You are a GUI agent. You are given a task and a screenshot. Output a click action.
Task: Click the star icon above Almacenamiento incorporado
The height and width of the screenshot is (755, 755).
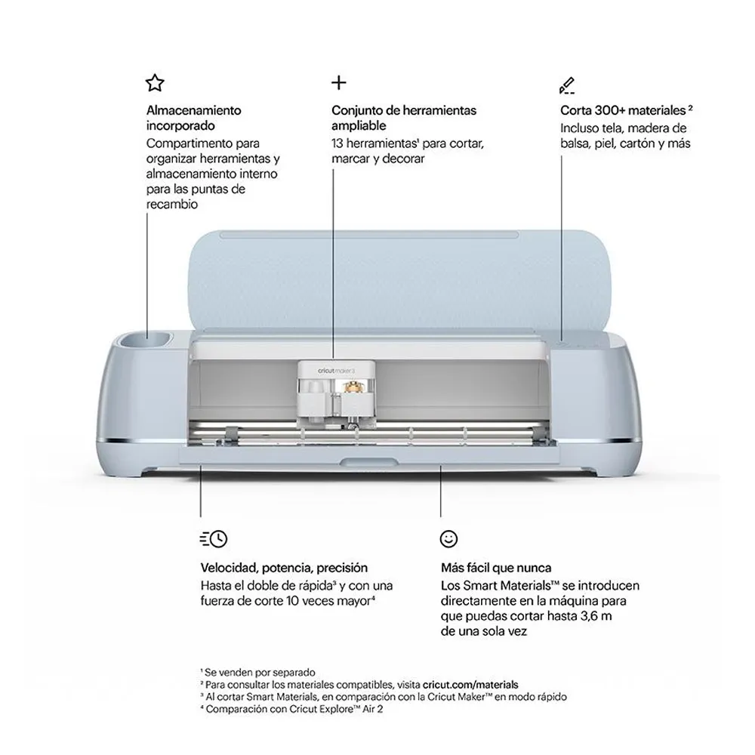[x=155, y=83]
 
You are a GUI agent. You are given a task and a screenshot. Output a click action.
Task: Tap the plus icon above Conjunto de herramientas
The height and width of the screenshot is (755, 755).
[x=339, y=83]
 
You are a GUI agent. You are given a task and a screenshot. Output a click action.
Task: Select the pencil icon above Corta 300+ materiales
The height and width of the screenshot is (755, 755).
[x=567, y=85]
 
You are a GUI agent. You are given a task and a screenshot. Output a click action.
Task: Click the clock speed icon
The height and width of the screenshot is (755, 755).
[x=214, y=539]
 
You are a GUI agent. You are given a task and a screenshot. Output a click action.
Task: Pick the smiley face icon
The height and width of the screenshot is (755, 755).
[x=448, y=539]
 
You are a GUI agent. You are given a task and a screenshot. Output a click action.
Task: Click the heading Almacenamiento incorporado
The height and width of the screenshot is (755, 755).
[x=193, y=118]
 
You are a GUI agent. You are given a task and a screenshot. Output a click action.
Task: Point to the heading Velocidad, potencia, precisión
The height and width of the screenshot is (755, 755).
[x=284, y=568]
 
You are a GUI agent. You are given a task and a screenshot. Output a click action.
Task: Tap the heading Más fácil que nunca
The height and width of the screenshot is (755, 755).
[x=496, y=568]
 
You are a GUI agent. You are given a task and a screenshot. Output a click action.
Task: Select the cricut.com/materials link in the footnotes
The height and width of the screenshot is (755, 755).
[x=470, y=685]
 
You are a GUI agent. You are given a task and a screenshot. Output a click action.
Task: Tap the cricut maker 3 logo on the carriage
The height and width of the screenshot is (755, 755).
[x=336, y=371]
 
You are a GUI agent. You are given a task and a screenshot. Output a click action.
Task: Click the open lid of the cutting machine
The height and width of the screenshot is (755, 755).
[x=399, y=279]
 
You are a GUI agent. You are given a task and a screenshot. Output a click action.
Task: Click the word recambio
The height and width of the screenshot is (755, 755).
[x=172, y=204]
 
